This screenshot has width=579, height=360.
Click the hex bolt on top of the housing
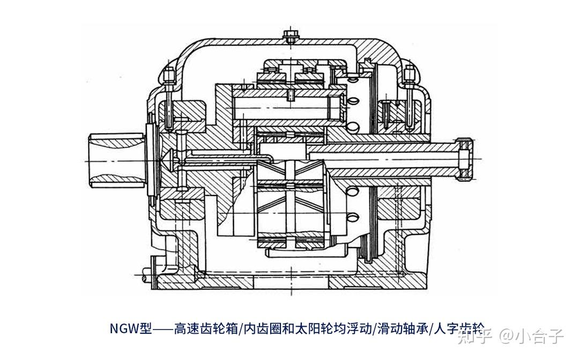pos(290,36)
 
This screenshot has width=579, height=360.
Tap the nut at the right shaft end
pos(465,159)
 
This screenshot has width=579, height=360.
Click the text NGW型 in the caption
pos(131,327)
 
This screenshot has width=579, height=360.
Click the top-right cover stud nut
pos(411,72)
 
